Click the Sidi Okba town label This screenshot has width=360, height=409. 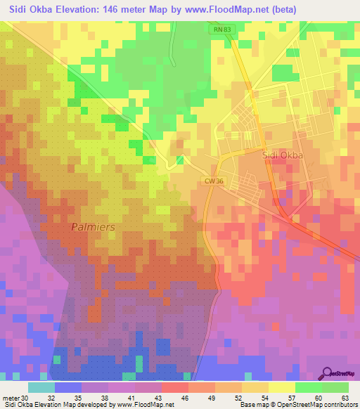coord(281,156)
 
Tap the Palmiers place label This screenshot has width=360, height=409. coord(93,228)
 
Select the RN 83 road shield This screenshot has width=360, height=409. coord(221,30)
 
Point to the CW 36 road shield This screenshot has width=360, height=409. coord(214,181)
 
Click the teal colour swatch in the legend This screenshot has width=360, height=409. coord(41,387)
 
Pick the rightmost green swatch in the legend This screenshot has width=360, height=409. coord(335,387)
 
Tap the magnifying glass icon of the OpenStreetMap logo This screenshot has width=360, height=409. coord(328,373)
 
